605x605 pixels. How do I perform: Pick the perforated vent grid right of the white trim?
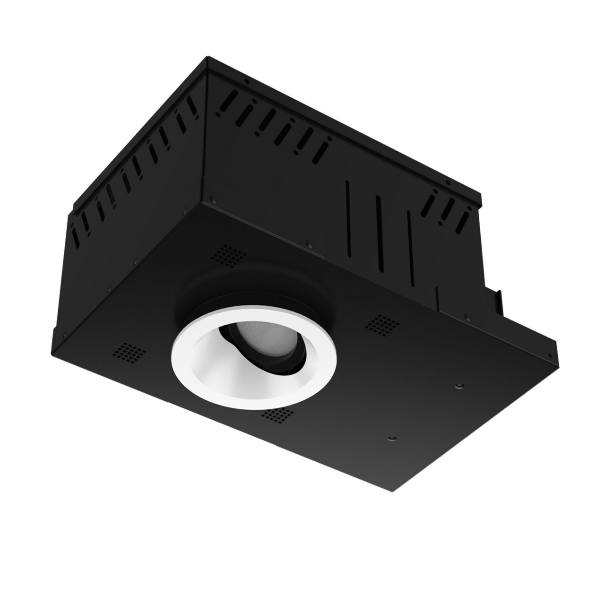pyautogui.click(x=380, y=323)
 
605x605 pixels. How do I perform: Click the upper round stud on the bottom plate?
pyautogui.click(x=458, y=386)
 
